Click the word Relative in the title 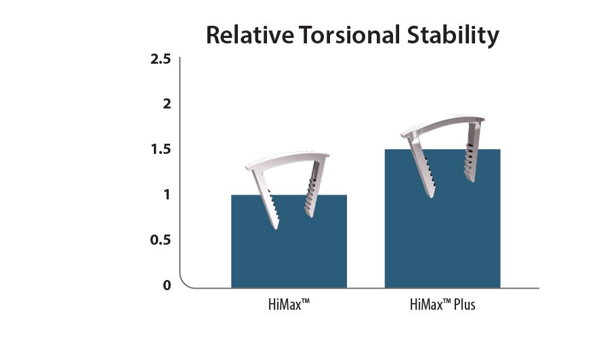pos(250,35)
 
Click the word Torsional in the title pos(349,35)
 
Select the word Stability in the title pos(453,37)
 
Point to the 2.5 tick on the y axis pos(161,59)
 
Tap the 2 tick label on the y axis pos(167,104)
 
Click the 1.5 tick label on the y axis pos(161,149)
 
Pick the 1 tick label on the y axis pos(167,195)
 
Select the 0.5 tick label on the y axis pos(161,239)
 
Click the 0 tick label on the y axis pos(167,285)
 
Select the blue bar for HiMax pos(289,241)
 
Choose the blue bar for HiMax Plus pos(443,219)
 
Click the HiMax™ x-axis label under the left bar pos(289,304)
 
